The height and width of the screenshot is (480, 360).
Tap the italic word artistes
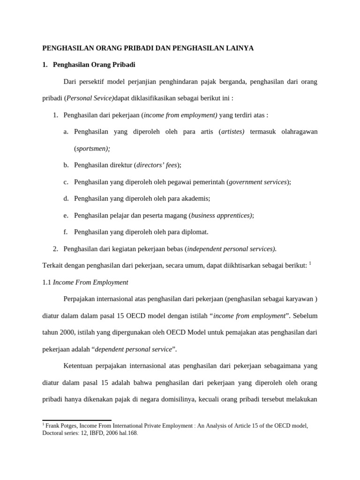232,132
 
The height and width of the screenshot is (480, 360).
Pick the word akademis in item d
195,198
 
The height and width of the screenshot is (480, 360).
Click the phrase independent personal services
231,248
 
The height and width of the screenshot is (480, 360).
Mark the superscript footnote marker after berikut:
310,263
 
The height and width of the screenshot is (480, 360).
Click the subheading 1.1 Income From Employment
85,282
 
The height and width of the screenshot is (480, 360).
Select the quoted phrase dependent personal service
134,349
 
